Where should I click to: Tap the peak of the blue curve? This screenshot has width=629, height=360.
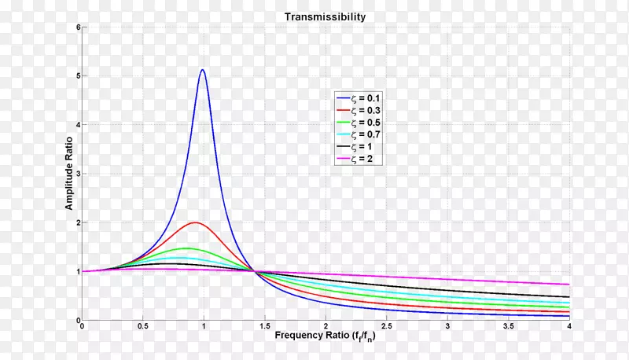[x=203, y=70]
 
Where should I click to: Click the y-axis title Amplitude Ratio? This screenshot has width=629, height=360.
[x=68, y=173]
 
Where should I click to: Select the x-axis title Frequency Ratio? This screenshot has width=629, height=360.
[x=324, y=336]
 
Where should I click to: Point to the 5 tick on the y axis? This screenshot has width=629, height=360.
[x=78, y=76]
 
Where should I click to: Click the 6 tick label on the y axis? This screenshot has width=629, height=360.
[x=78, y=28]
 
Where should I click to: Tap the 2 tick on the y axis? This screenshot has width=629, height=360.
[x=78, y=222]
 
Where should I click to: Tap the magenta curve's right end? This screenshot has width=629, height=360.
[x=568, y=284]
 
